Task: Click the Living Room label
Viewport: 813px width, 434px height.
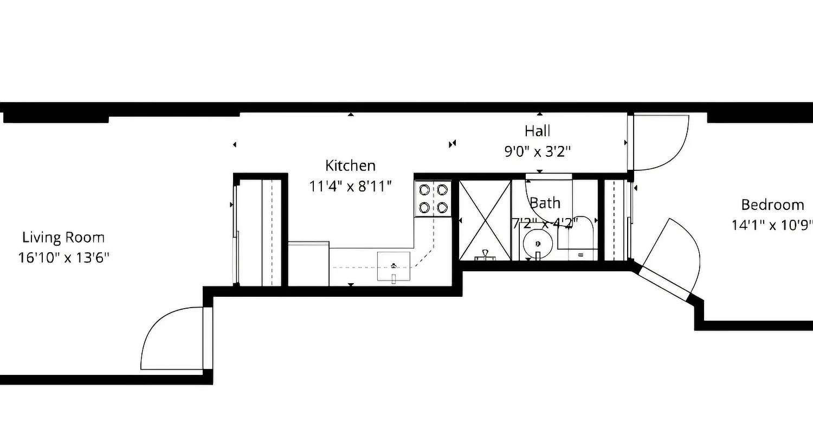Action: click(63, 238)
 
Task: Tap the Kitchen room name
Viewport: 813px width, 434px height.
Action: click(350, 165)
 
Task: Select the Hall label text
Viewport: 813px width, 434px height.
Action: click(537, 131)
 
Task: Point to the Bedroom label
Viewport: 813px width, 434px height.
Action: click(772, 205)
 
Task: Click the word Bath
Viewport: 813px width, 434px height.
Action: click(545, 203)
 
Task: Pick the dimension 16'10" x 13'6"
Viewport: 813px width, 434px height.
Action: click(63, 257)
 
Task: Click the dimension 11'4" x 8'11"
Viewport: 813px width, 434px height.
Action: click(350, 186)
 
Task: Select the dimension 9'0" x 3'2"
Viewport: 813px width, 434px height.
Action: click(537, 151)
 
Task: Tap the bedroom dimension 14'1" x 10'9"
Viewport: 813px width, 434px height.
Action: click(772, 225)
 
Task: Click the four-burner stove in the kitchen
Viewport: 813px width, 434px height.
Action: click(433, 198)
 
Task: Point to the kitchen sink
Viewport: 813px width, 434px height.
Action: click(394, 266)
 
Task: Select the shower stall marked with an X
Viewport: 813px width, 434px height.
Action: click(485, 220)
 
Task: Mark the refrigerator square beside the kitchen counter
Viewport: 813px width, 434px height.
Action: click(308, 264)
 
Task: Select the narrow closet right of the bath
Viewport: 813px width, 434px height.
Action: click(615, 220)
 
